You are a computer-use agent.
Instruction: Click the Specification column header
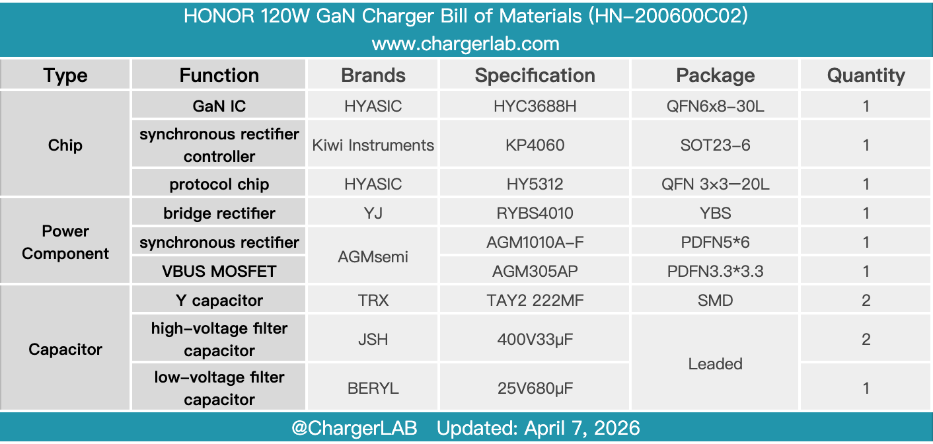pyautogui.click(x=535, y=75)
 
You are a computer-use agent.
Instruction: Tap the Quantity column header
pyautogui.click(x=866, y=75)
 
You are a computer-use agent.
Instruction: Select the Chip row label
pyautogui.click(x=65, y=145)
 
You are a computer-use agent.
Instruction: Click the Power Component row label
pyautogui.click(x=65, y=242)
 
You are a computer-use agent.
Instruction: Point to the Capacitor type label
pyautogui.click(x=65, y=350)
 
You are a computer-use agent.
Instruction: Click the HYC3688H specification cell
pyautogui.click(x=535, y=106)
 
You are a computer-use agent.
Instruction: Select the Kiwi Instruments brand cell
pyautogui.click(x=373, y=145)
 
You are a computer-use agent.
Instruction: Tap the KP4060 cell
pyautogui.click(x=535, y=145)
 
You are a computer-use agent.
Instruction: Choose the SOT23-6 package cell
pyautogui.click(x=715, y=145)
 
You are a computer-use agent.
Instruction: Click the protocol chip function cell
pyautogui.click(x=219, y=184)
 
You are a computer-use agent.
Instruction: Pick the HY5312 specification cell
pyautogui.click(x=535, y=184)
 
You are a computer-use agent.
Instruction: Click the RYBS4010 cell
pyautogui.click(x=535, y=213)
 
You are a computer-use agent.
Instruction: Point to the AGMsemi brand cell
pyautogui.click(x=373, y=256)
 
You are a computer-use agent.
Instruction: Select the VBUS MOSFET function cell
pyautogui.click(x=219, y=272)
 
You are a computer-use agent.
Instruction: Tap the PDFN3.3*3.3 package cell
pyautogui.click(x=715, y=272)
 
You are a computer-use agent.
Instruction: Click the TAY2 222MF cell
pyautogui.click(x=535, y=301)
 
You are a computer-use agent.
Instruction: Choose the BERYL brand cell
pyautogui.click(x=373, y=388)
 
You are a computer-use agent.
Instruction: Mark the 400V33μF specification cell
pyautogui.click(x=535, y=340)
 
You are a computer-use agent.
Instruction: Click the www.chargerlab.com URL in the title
pyautogui.click(x=465, y=44)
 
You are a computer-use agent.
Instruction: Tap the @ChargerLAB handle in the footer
pyautogui.click(x=355, y=428)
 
